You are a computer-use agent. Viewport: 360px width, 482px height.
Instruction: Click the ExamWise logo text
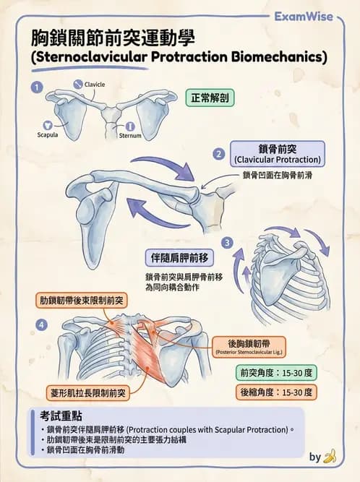pyautogui.click(x=304, y=17)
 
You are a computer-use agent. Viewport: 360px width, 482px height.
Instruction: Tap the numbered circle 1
pyautogui.click(x=37, y=87)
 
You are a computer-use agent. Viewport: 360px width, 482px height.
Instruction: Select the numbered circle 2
pyautogui.click(x=219, y=154)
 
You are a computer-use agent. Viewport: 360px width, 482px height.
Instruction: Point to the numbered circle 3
pyautogui.click(x=227, y=243)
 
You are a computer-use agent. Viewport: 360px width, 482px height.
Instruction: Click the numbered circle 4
pyautogui.click(x=41, y=324)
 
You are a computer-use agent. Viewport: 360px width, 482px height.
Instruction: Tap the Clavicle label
pyautogui.click(x=95, y=85)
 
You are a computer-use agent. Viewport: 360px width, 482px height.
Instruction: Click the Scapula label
pyautogui.click(x=48, y=134)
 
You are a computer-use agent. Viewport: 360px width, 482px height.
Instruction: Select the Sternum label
pyautogui.click(x=130, y=135)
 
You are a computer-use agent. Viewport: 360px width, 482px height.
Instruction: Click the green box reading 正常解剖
pyautogui.click(x=210, y=98)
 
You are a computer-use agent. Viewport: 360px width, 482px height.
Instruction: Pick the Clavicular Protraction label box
pyautogui.click(x=278, y=154)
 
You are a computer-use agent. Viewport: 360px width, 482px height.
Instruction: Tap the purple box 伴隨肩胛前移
pyautogui.click(x=179, y=258)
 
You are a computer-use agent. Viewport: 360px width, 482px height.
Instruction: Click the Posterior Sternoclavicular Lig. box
pyautogui.click(x=249, y=347)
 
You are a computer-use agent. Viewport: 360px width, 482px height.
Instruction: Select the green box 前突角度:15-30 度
pyautogui.click(x=276, y=373)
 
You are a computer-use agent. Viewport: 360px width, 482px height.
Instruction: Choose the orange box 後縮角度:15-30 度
pyautogui.click(x=276, y=392)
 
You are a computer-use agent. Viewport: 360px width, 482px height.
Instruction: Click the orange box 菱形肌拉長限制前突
pyautogui.click(x=88, y=392)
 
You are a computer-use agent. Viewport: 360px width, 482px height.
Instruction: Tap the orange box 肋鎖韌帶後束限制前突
pyautogui.click(x=82, y=301)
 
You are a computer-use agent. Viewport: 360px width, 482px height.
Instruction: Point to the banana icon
pyautogui.click(x=330, y=456)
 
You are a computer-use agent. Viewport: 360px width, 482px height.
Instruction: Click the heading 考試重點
pyautogui.click(x=61, y=416)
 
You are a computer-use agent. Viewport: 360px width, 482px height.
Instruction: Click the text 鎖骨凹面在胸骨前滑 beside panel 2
pyautogui.click(x=278, y=175)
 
